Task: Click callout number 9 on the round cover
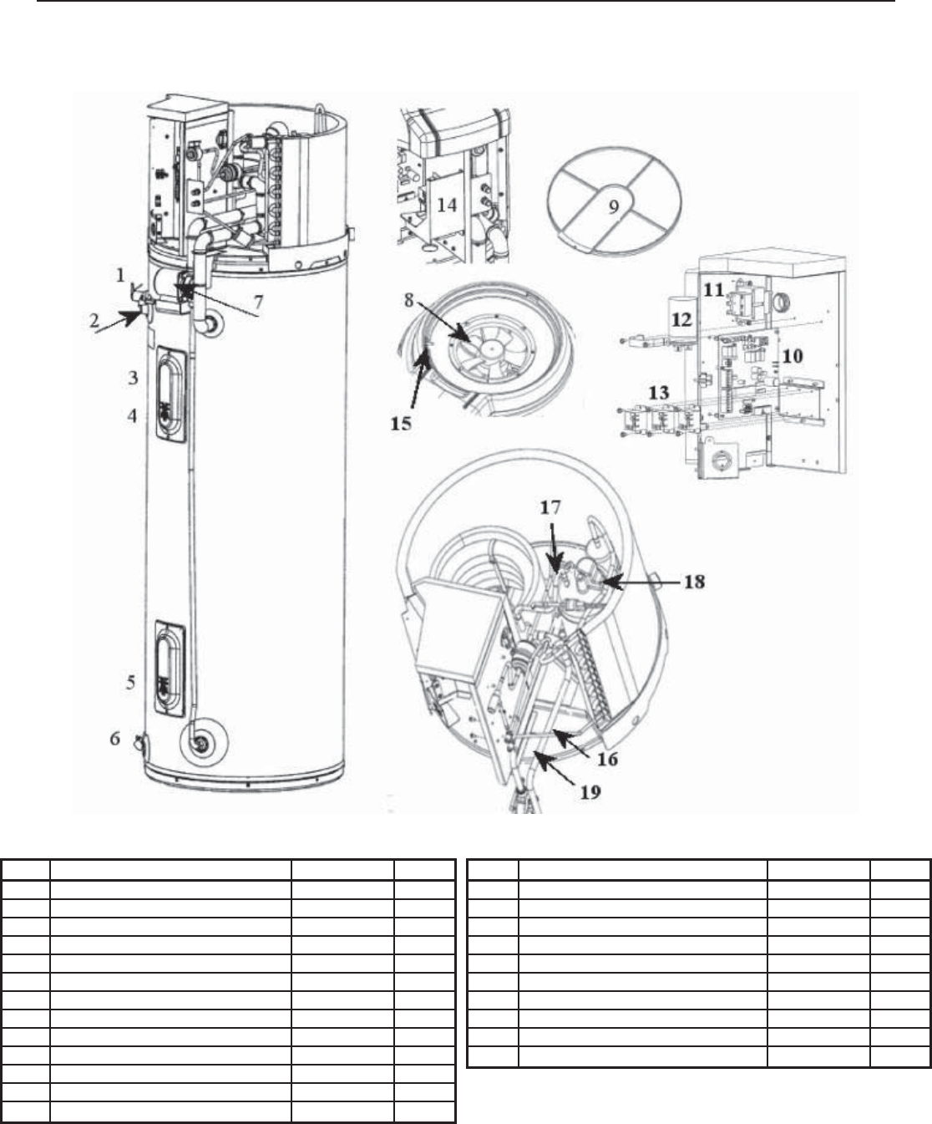click(614, 208)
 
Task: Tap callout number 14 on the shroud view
click(448, 203)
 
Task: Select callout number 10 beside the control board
click(792, 356)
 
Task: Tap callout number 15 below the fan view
click(401, 423)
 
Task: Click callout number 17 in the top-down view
click(550, 506)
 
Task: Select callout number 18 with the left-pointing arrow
click(693, 582)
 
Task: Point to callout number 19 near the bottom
click(590, 791)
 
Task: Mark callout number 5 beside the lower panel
click(131, 682)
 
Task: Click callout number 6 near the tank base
click(116, 738)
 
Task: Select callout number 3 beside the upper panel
click(133, 378)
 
